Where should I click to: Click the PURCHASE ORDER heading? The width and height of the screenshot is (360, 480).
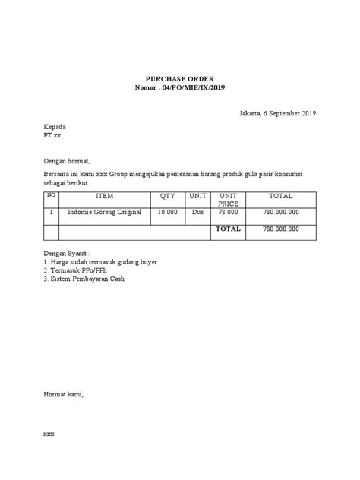pos(180,78)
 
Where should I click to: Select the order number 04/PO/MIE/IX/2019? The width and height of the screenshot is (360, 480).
pos(191,87)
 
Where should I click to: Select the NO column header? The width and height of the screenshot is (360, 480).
pos(52,195)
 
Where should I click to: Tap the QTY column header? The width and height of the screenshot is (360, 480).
pos(167,196)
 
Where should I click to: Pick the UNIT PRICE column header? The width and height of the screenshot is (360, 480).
pos(228,200)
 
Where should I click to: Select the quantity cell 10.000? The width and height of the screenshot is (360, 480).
pos(167,213)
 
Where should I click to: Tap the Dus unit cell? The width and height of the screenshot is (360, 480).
pos(198,213)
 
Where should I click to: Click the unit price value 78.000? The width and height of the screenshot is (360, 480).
pos(228,213)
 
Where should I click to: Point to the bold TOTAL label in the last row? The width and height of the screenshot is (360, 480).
pos(228,229)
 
